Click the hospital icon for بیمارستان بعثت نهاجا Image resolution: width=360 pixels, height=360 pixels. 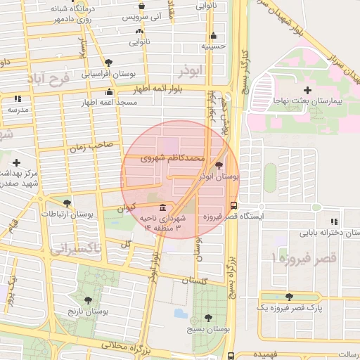coord(307,90)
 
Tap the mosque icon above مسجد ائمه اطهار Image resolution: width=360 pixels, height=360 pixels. coord(108,92)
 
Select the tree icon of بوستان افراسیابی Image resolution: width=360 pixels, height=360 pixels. coord(108,63)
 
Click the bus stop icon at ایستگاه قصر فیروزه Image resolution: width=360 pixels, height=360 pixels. coord(233,207)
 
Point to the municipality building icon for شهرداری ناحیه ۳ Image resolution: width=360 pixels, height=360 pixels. coord(163,208)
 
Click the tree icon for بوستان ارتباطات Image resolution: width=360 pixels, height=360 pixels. coord(67,202)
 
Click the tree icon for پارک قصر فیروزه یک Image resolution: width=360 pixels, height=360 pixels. coord(289,297)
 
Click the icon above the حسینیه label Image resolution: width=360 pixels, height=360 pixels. coord(213,35)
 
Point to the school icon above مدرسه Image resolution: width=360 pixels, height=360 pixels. coord(18,99)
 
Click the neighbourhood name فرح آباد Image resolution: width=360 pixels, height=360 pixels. coord(49,77)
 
